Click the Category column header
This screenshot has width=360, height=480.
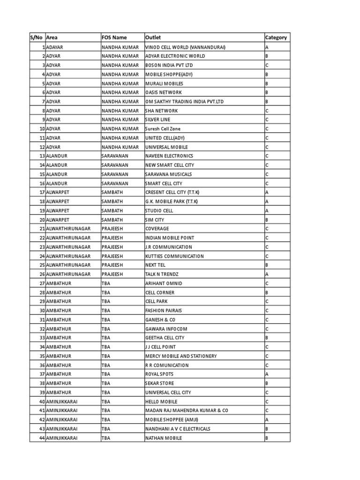276,37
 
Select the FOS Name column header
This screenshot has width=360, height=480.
114,37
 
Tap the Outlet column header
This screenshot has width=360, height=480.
153,37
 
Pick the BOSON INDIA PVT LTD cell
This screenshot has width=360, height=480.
169,65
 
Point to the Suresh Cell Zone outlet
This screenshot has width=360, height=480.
163,129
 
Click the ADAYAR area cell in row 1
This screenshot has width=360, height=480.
55,47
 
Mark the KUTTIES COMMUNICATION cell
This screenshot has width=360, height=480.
174,256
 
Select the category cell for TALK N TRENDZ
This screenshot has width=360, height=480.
267,274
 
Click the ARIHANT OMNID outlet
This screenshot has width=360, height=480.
164,284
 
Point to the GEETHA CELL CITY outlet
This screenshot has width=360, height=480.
165,338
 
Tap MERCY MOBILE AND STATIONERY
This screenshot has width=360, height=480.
181,356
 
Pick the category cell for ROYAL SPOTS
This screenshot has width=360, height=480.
267,375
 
